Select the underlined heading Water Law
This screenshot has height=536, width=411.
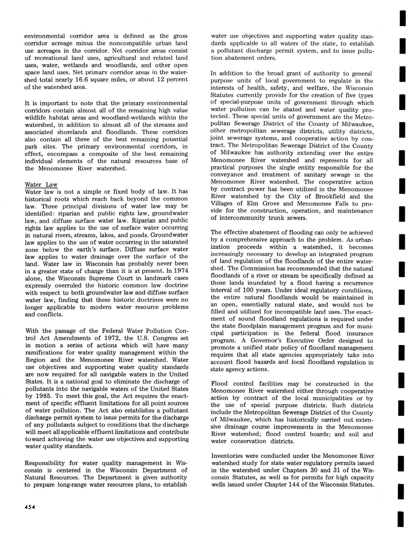coord(41,184)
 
